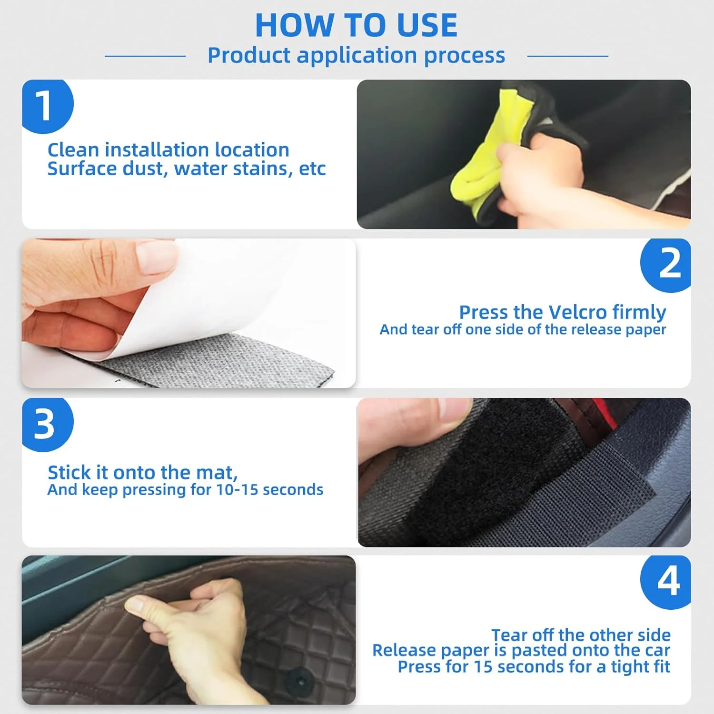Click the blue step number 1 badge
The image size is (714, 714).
coord(47,106)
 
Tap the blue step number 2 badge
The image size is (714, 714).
coord(666,265)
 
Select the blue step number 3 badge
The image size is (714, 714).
coord(47,424)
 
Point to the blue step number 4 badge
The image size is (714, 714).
coord(666,582)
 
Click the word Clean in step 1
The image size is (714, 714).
coord(73,150)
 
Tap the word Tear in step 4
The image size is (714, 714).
coord(509,635)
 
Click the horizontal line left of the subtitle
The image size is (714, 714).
coord(145,56)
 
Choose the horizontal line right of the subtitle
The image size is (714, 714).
coord(568,56)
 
